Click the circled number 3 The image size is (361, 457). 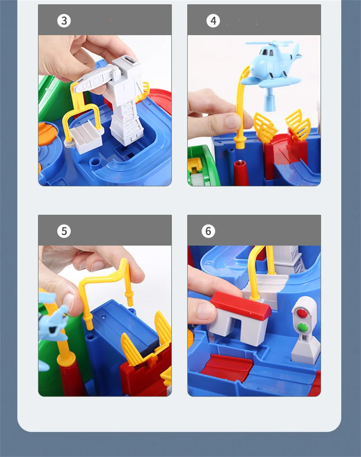[x=64, y=21]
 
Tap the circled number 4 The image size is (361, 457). [x=213, y=21]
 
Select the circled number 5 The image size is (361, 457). [x=64, y=231]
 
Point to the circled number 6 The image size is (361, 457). [x=208, y=231]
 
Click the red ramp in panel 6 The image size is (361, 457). [x=227, y=367]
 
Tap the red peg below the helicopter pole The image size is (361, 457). [x=241, y=173]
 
